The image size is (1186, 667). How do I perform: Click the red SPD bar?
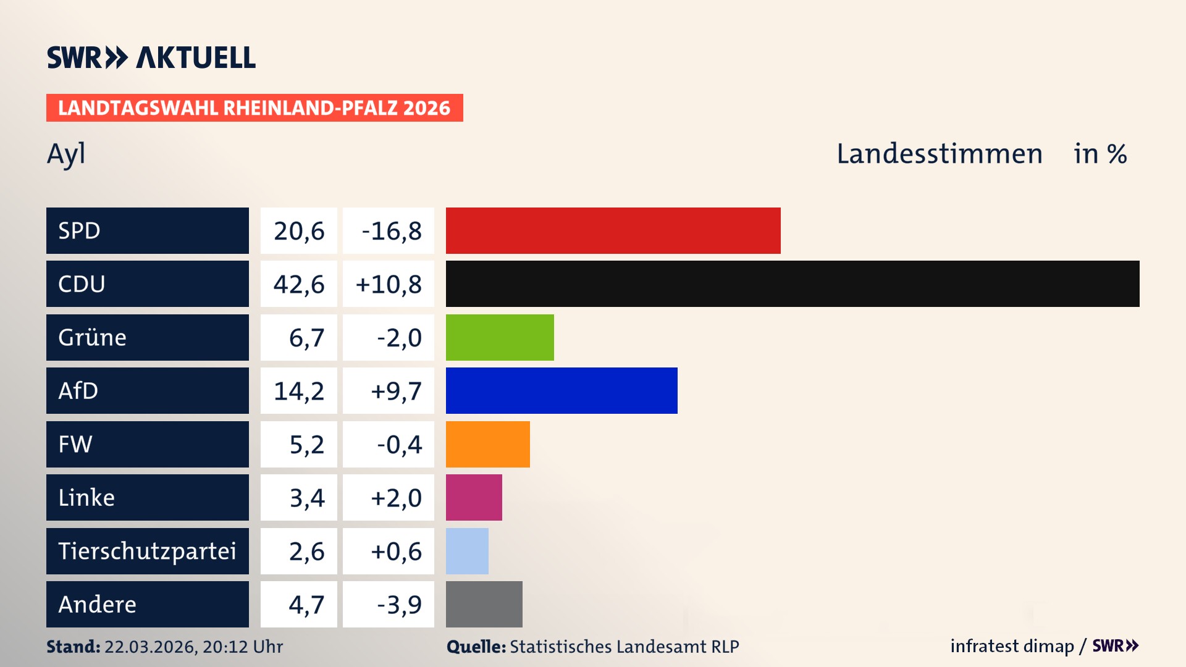[613, 230]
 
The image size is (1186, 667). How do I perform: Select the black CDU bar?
[792, 284]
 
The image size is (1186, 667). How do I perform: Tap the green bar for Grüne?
[500, 337]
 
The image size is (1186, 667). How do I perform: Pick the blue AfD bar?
[561, 390]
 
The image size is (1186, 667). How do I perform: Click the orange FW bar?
[487, 444]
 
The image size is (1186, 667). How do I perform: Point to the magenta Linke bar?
[474, 497]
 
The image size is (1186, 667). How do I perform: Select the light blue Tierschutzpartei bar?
[467, 551]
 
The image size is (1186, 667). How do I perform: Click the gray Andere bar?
[484, 604]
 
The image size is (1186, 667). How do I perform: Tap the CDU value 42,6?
[299, 284]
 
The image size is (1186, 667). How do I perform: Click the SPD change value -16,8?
[391, 231]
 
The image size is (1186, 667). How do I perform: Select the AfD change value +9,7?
[395, 391]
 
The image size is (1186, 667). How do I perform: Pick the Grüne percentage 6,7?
[306, 338]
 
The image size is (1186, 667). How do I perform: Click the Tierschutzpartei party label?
[147, 551]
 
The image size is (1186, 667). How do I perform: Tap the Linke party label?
[86, 497]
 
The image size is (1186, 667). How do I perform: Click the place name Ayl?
[66, 154]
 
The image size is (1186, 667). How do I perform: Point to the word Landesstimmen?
[939, 154]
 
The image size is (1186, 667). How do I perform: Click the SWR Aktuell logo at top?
[151, 57]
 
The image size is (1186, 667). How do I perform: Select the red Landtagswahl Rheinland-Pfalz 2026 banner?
[254, 108]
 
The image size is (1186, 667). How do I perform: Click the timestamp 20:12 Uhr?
[242, 647]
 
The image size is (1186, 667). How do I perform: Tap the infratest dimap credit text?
[1011, 646]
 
